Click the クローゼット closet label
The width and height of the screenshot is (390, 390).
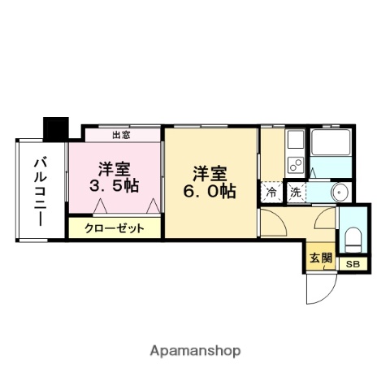115,228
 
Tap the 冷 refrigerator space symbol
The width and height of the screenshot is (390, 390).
271,193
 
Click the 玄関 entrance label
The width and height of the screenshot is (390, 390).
319,258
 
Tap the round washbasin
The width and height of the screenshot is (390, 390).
339,193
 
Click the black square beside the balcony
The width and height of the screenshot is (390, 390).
55,128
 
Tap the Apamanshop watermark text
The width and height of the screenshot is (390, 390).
194,352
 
